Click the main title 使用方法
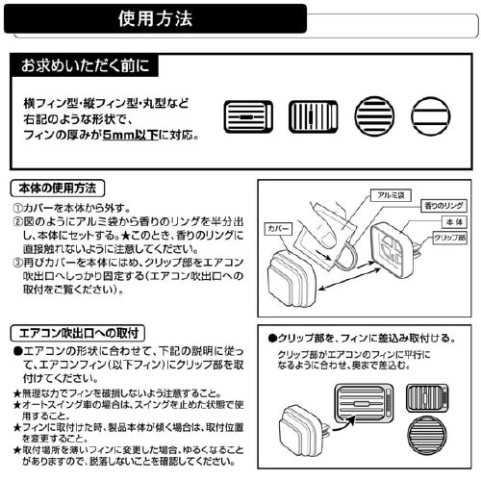tap(155, 18)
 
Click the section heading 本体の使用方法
tap(57, 187)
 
